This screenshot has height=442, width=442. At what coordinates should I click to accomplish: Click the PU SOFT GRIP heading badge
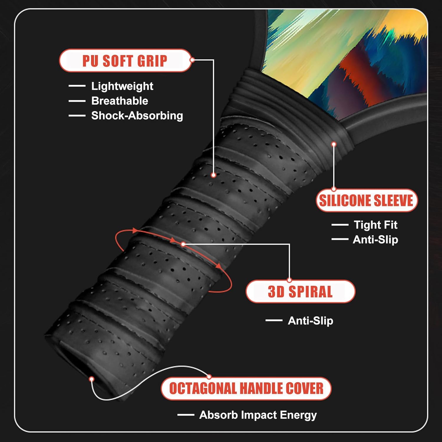(125, 61)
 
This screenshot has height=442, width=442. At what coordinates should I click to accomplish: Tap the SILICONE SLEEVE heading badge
(366, 201)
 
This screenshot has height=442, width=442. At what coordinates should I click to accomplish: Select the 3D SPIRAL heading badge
(300, 292)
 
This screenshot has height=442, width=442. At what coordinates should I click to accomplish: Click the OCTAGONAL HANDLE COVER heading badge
(246, 388)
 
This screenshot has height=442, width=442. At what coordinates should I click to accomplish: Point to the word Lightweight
(122, 86)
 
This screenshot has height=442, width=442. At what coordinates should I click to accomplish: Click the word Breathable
(120, 101)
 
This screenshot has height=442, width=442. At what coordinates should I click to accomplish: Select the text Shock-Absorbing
(137, 116)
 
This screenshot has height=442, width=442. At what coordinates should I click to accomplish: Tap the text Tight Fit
(375, 225)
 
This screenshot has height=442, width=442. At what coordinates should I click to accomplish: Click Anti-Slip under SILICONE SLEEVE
(375, 240)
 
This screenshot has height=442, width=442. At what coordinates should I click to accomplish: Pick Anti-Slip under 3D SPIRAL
(310, 321)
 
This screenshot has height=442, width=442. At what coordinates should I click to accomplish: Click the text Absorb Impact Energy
(258, 415)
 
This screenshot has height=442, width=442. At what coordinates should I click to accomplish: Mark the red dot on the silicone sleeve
(334, 144)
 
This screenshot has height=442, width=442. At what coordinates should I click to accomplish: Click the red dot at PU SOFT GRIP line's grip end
(214, 175)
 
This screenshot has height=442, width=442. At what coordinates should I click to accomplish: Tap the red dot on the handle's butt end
(92, 379)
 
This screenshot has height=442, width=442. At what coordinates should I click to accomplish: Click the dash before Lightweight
(77, 86)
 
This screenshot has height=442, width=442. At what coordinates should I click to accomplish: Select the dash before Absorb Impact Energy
(186, 415)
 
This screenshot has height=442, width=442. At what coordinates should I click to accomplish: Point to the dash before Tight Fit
(340, 225)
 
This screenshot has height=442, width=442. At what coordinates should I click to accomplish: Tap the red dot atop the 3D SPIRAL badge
(289, 280)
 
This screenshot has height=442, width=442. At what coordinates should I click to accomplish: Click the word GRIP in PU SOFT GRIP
(152, 61)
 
